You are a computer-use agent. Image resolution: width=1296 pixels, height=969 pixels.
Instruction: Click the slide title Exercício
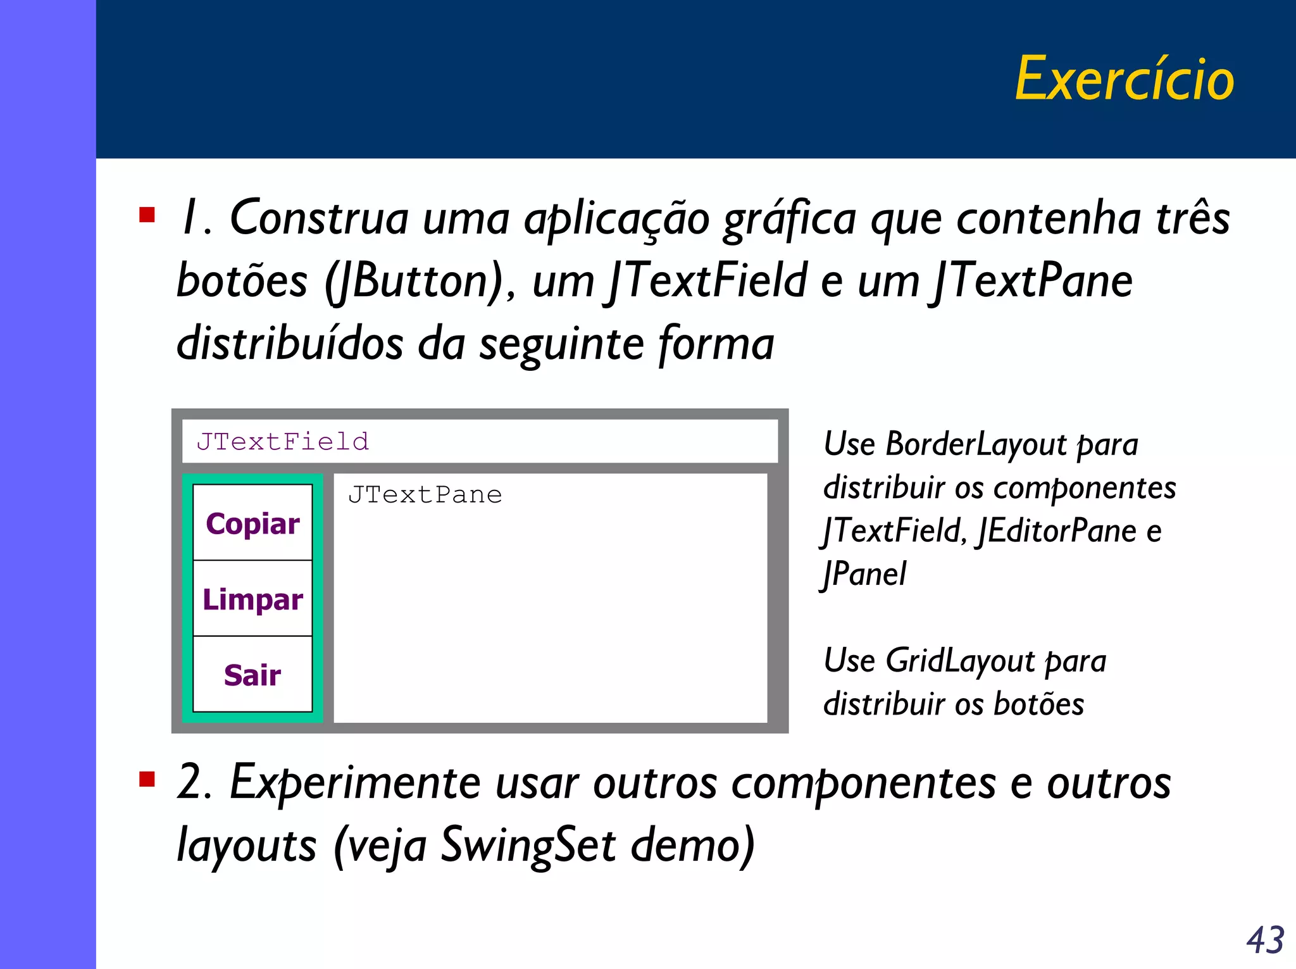tap(1125, 79)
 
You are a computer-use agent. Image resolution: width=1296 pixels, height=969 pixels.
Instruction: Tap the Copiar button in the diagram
tap(252, 523)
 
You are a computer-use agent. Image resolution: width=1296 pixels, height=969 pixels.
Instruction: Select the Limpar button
tap(252, 599)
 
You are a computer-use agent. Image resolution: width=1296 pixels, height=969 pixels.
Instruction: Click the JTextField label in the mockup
tap(282, 441)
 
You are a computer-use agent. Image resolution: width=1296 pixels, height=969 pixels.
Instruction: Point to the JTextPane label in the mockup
tap(425, 494)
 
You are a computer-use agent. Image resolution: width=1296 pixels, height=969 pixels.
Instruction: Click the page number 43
tap(1265, 939)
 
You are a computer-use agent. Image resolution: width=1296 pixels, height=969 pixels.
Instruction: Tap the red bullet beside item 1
tap(147, 215)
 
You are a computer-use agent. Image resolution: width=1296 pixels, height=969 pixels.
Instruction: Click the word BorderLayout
tap(976, 444)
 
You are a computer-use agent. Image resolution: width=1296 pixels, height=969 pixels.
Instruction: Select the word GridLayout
tap(960, 660)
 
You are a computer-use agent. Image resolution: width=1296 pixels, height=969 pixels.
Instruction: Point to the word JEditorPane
tap(1057, 530)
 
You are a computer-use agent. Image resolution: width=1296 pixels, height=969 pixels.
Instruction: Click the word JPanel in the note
tap(864, 574)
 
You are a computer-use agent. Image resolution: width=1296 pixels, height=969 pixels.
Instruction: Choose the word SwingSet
tap(528, 844)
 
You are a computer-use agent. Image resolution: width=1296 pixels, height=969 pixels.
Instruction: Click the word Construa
tap(319, 218)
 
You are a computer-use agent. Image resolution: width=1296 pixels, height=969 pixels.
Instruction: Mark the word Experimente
tap(355, 783)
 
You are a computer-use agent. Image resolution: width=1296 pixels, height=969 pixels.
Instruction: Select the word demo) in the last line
tap(693, 844)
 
